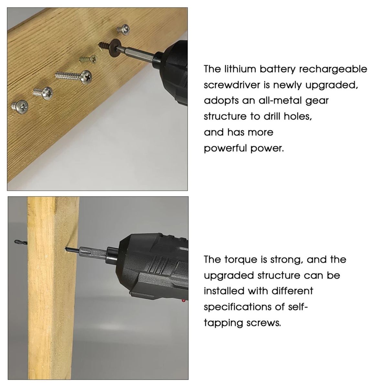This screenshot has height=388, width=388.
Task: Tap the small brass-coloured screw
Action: coord(89,59)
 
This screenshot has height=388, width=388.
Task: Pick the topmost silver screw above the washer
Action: coord(123,29)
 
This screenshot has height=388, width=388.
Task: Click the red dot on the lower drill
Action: coord(184,301)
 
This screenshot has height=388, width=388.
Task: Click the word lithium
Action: coord(239,69)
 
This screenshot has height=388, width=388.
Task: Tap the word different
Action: coord(292,291)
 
